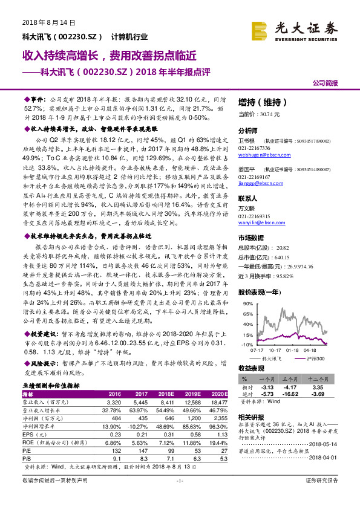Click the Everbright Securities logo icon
coord(261,28)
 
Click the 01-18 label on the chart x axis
coord(293,349)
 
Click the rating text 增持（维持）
coord(261,102)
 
